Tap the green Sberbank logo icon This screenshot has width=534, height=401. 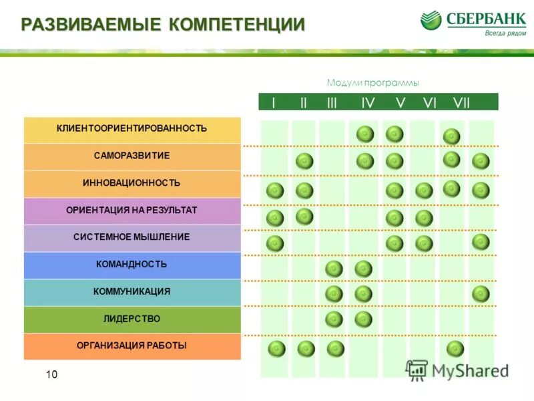(431, 20)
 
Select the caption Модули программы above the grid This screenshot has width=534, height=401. (372, 83)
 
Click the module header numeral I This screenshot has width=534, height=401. (273, 103)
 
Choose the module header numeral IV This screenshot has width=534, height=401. (368, 103)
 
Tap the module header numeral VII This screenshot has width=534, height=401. (461, 103)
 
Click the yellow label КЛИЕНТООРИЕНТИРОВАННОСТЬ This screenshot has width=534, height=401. (131, 128)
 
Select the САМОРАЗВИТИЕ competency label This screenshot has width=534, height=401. (131, 156)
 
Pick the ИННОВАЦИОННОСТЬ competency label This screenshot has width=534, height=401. (131, 183)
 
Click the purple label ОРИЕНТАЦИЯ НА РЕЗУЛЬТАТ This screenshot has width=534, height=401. (131, 210)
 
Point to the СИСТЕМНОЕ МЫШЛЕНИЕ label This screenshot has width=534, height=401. (131, 237)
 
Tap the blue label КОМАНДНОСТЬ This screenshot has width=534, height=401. (131, 265)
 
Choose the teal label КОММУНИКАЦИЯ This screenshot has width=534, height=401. (131, 291)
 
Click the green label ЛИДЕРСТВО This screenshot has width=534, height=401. (131, 319)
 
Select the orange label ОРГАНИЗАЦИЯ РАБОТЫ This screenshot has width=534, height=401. (131, 346)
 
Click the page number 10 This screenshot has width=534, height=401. (51, 375)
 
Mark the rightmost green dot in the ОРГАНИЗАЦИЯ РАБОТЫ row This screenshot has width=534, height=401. (455, 348)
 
